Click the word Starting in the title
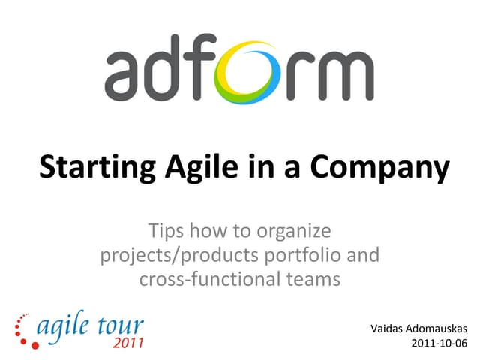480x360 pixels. click(91, 167)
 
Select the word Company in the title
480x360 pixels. click(382, 167)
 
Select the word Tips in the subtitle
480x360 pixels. click(166, 230)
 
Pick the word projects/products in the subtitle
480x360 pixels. click(178, 256)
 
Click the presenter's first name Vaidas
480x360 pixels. click(388, 328)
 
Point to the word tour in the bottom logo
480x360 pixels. click(121, 328)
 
